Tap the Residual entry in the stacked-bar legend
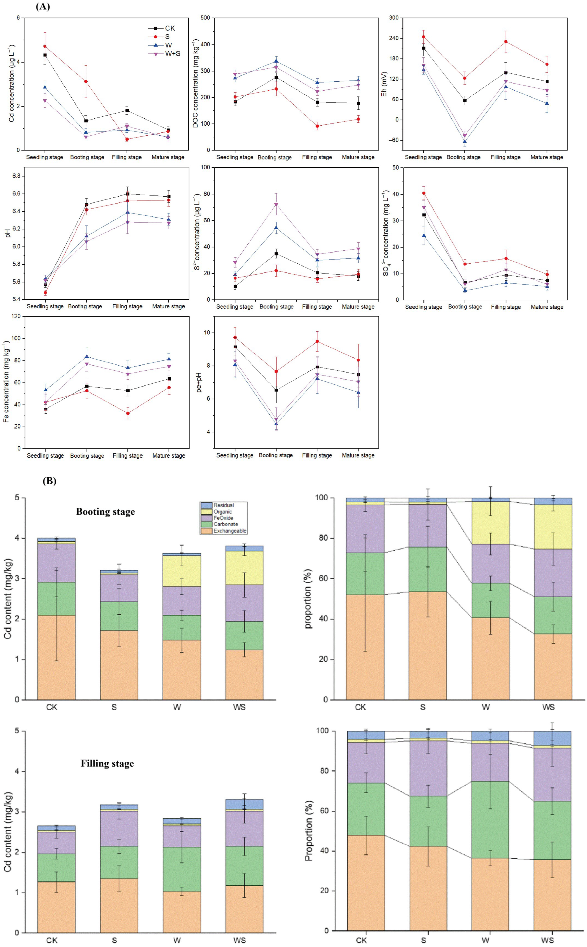coord(224,505)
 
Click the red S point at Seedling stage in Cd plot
coord(45,46)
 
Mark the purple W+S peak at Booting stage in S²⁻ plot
coord(276,204)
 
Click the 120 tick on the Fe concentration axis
coord(16,316)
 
